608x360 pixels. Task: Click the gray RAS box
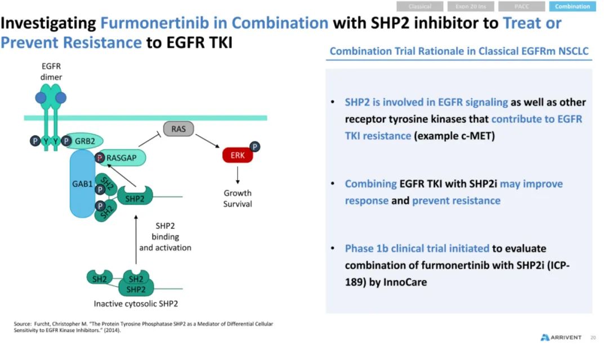(178, 129)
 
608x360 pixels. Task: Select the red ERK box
(238, 155)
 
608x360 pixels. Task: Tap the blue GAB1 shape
(82, 184)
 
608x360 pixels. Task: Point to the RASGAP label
(122, 158)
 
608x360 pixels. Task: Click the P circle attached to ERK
(254, 146)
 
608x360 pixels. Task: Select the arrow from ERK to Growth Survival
(238, 175)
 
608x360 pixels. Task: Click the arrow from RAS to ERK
(207, 141)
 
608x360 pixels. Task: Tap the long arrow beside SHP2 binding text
(136, 239)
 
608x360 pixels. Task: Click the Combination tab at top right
(573, 6)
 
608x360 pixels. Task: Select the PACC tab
(521, 6)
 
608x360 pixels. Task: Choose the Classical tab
(420, 6)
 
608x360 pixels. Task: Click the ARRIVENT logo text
(566, 337)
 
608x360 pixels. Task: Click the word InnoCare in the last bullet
(405, 282)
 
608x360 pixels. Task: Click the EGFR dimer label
(51, 72)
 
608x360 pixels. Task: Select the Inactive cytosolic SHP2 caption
(136, 304)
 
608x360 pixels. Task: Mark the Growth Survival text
(238, 198)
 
